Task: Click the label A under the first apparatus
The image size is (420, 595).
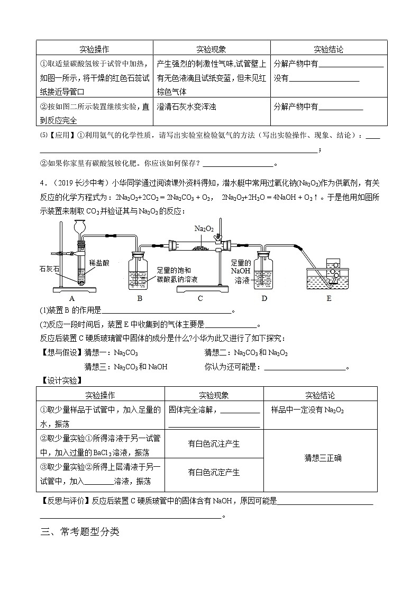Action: pos(72,298)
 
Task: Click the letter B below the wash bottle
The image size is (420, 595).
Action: pos(140,298)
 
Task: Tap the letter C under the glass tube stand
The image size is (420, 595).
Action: pos(200,298)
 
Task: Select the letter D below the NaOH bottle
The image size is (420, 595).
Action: pos(264,298)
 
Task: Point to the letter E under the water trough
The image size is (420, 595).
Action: pos(329,298)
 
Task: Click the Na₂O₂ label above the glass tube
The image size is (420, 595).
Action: pos(204,229)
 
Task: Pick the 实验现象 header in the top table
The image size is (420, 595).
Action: pos(211,49)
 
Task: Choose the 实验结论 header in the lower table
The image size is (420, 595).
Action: pos(320,395)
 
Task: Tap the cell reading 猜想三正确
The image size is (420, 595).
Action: pos(320,457)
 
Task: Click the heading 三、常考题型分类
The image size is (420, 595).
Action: pos(80,532)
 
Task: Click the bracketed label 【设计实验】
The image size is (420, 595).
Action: pos(59,380)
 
